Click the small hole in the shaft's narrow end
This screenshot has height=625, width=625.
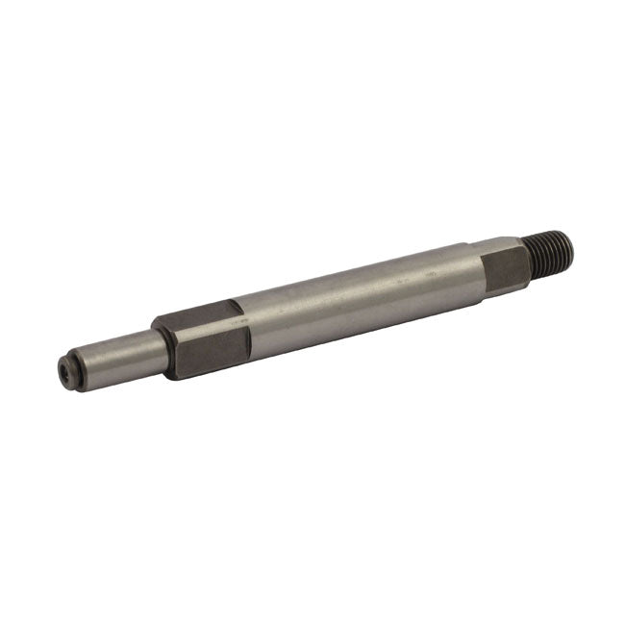(64, 368)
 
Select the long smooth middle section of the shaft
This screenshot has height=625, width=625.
(356, 298)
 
